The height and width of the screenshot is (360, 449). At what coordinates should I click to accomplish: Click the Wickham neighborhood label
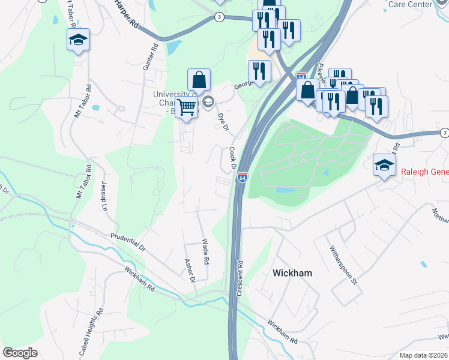pos(292,272)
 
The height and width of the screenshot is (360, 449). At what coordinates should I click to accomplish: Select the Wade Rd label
pos(205,252)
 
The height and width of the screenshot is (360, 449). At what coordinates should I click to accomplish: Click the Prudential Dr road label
pos(128,242)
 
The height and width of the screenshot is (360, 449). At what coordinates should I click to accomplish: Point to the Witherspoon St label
pos(343,265)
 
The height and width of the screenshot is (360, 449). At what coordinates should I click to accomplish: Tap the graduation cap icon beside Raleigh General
pos(384,164)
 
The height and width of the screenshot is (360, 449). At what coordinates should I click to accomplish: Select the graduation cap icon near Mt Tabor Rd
pos(78,40)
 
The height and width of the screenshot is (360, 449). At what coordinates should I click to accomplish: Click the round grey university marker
pos(208,101)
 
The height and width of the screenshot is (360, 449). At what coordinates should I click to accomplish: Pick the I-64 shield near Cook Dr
pos(242,178)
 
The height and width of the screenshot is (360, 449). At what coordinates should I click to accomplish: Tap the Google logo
pos(20,353)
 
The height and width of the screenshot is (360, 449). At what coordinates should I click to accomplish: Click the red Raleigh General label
pos(424,173)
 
